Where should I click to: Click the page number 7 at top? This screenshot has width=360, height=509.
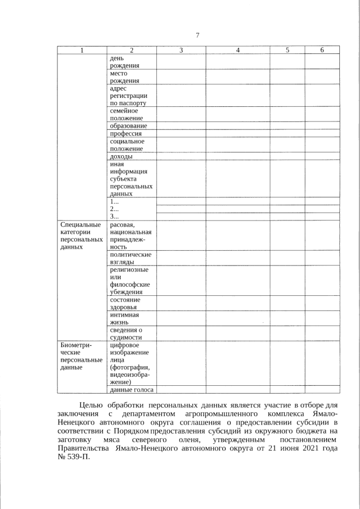197,36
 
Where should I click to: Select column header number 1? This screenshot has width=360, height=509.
82,50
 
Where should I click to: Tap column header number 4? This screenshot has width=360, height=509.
238,50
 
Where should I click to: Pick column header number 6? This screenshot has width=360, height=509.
322,50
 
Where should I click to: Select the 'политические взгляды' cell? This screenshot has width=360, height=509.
130,258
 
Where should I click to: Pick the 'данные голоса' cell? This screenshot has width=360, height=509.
132,389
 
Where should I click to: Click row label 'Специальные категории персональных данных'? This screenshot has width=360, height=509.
82,236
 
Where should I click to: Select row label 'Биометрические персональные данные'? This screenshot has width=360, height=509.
82,356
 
